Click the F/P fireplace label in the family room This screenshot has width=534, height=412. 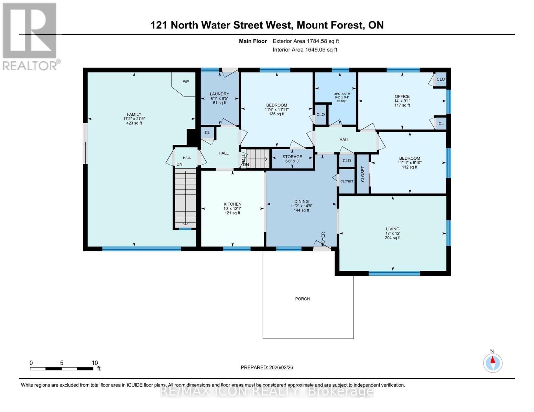pos(185,82)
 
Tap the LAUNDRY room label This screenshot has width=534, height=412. pos(219,94)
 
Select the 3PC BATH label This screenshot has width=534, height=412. pos(342,94)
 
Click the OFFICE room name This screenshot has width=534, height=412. pos(402,96)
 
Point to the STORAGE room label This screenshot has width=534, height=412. pos(292,157)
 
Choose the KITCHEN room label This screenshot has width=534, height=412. pos(232,204)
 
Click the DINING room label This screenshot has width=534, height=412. pos(301,202)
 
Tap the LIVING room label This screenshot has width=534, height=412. pos(392,229)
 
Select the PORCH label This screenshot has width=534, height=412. pos(302,299)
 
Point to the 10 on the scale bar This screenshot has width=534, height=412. pos(95,363)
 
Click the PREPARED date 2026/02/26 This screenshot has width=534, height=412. pos(267,367)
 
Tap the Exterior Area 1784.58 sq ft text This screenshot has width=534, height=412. pos(306,41)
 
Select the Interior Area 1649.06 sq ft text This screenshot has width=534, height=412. pos(305,50)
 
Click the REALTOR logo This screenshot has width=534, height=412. pos(30,36)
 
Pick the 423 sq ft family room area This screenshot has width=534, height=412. pos(134,123)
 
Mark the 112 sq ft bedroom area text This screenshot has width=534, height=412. pos(409,167)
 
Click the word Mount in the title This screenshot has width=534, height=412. pos(313,25)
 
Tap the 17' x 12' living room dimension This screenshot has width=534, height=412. pos(392,233)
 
